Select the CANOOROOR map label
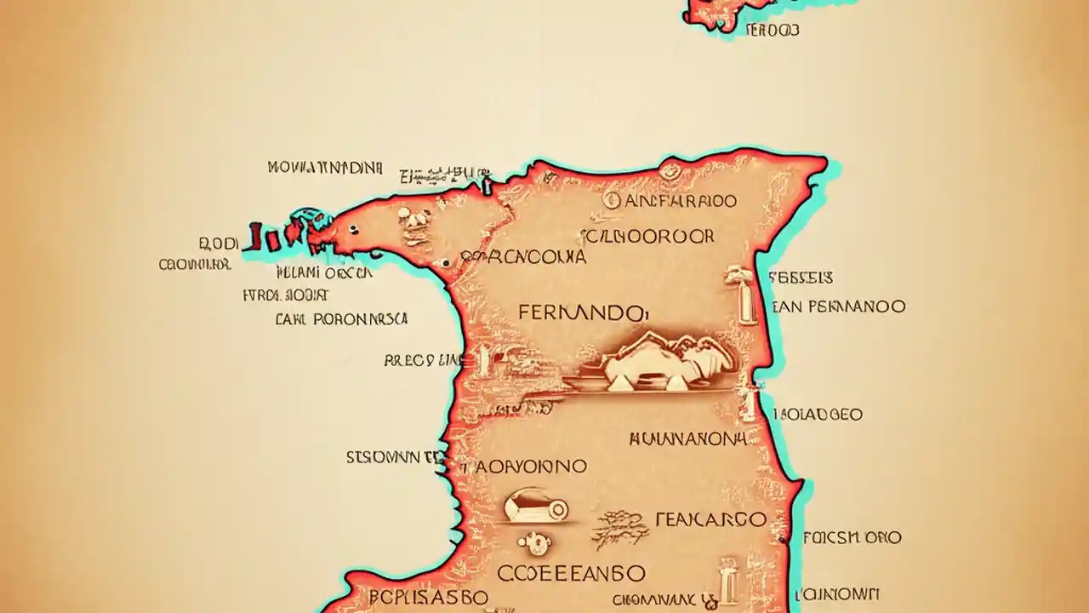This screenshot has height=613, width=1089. (648, 237)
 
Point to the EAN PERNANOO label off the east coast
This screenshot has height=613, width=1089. (839, 306)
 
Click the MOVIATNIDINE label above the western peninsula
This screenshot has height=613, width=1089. (325, 168)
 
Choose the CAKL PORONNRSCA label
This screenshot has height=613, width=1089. (342, 320)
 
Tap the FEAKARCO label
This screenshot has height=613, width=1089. (711, 518)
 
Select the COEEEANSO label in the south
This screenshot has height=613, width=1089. (572, 572)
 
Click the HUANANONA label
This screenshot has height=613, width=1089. (688, 439)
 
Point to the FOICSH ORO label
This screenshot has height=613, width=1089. (852, 537)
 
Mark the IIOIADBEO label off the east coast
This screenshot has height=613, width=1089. (818, 415)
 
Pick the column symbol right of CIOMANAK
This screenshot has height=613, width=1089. (727, 581)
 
